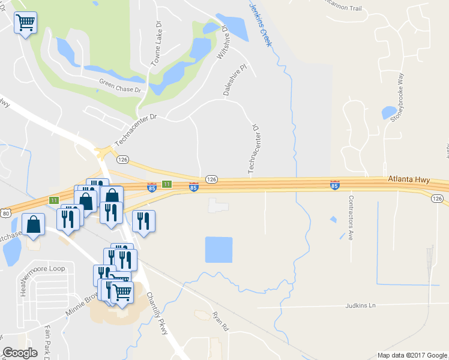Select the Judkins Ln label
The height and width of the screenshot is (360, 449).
pyautogui.click(x=360, y=305)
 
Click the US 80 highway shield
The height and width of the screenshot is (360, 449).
pyautogui.click(x=6, y=213)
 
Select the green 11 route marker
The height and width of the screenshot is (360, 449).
pyautogui.click(x=167, y=185)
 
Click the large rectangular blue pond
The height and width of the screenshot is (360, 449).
pyautogui.click(x=218, y=250)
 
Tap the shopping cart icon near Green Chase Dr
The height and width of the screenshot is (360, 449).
pyautogui.click(x=25, y=23)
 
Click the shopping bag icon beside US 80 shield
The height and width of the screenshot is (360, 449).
pyautogui.click(x=35, y=224)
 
